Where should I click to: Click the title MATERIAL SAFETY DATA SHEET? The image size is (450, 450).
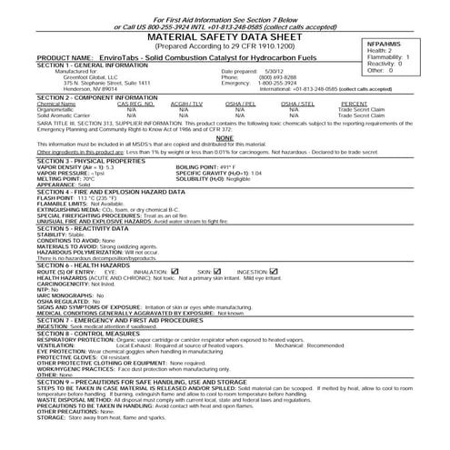coord(198,35)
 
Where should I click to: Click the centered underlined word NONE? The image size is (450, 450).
coord(225,136)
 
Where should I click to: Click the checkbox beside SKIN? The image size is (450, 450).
coord(219,271)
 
